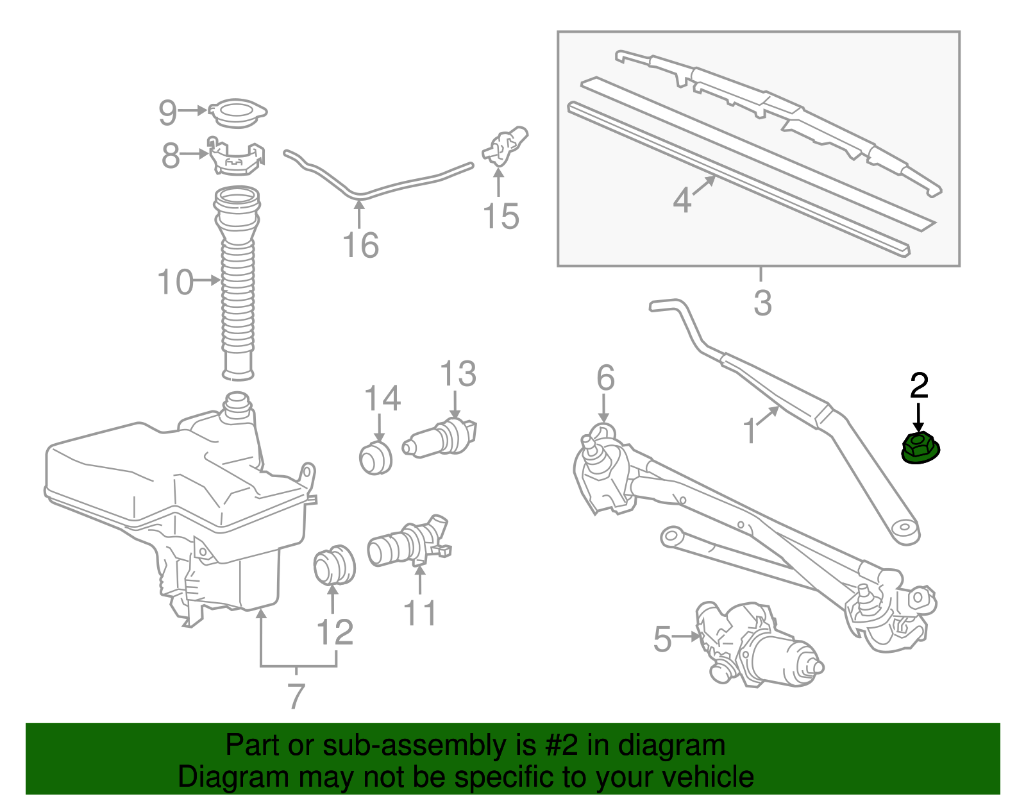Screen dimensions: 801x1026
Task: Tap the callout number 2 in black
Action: (919, 385)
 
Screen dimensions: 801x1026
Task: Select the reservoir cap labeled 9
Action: (237, 114)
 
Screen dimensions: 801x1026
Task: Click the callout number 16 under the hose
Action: (360, 245)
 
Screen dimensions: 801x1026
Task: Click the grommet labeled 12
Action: (335, 564)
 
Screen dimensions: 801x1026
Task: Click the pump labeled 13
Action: (441, 439)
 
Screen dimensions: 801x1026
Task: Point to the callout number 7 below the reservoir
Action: (296, 695)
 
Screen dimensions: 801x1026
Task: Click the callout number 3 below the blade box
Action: (762, 303)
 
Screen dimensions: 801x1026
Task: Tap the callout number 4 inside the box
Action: (682, 200)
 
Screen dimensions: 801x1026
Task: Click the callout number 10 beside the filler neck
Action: (175, 282)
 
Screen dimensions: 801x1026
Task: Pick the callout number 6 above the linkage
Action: (605, 378)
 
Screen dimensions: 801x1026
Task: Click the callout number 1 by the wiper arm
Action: (750, 431)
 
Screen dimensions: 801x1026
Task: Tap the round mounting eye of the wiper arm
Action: (905, 530)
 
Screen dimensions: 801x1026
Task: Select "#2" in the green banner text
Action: (561, 745)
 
